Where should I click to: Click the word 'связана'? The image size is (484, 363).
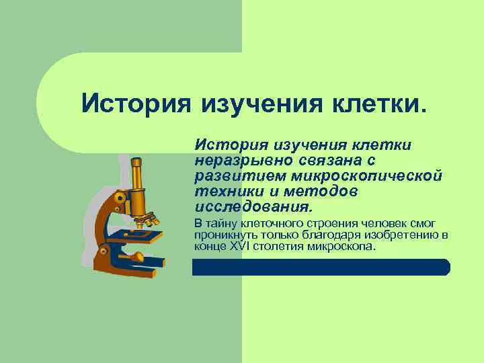click(x=330, y=161)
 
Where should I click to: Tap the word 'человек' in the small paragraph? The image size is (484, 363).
click(x=366, y=223)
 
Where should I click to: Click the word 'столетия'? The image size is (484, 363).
click(x=275, y=245)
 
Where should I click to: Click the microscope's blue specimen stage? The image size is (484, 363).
click(x=135, y=236)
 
